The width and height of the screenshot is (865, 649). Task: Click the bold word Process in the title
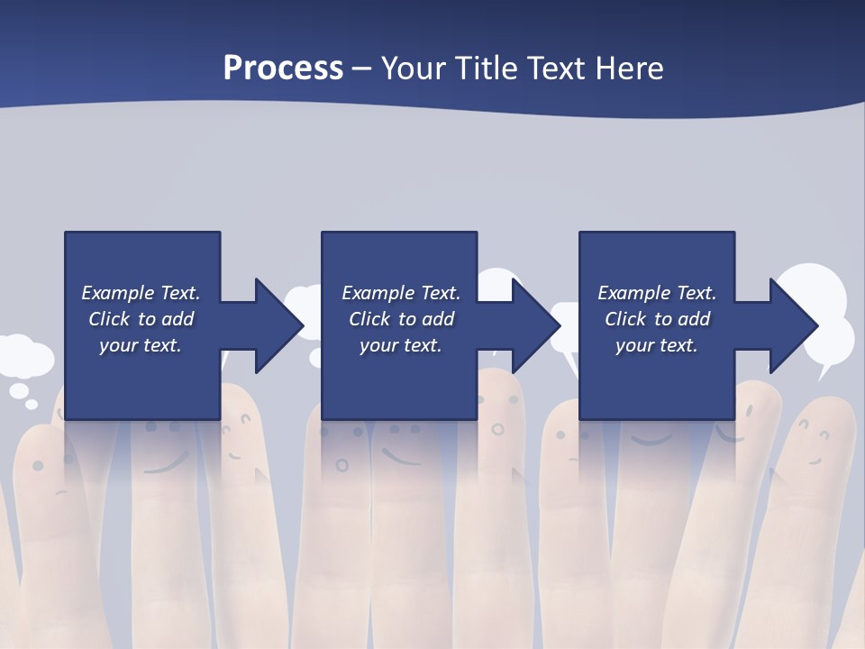point(283,69)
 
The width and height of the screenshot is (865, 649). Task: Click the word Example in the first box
point(116,293)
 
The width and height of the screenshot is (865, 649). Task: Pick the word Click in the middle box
point(369,319)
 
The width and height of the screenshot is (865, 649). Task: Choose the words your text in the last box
point(656,345)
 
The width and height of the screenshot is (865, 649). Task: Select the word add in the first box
point(178,319)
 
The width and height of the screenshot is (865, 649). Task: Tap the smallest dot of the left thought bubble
point(32,405)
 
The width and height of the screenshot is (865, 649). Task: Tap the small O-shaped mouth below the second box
point(341,465)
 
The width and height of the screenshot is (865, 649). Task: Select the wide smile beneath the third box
point(651,440)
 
